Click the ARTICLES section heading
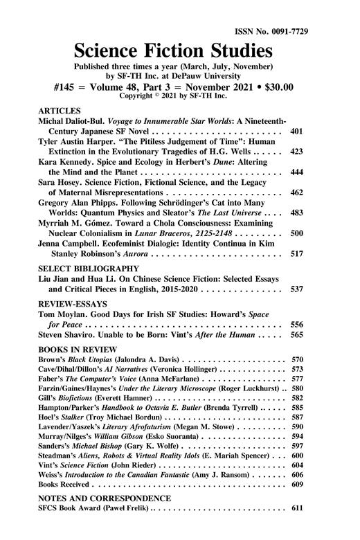59,110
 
